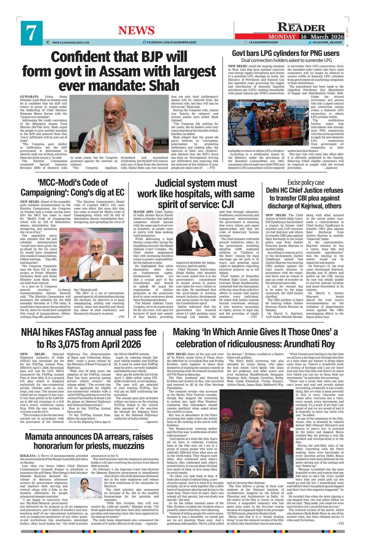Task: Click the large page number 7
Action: point(31,33)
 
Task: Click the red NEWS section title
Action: point(136,31)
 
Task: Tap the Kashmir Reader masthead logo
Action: point(301,27)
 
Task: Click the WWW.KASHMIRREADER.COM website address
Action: point(71,43)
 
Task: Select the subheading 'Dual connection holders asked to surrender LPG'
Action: point(286,60)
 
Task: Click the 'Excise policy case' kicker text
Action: point(306,183)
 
